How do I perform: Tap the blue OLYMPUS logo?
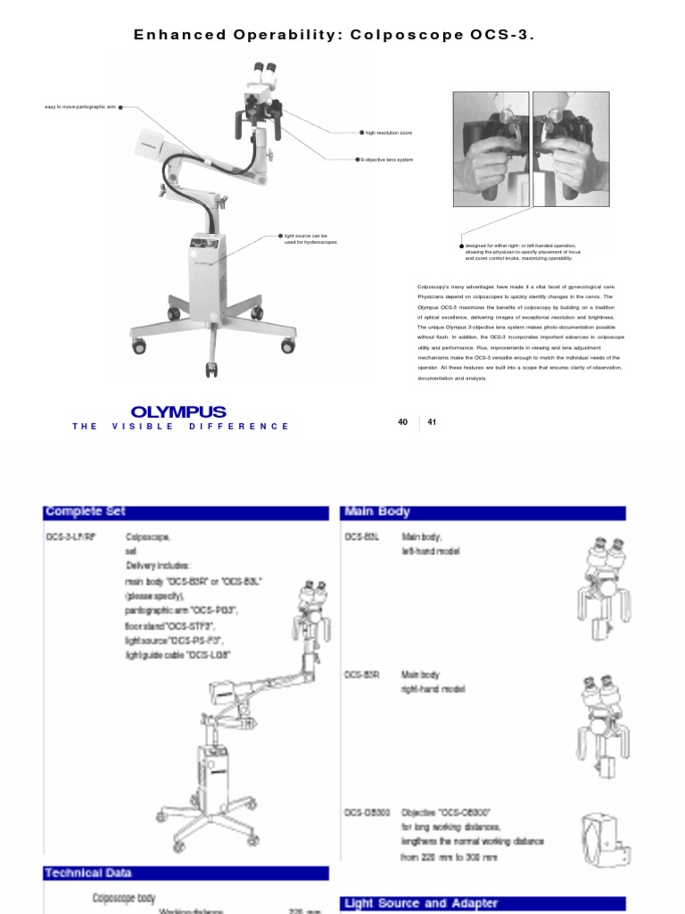tap(178, 411)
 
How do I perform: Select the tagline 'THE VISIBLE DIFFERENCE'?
tap(181, 427)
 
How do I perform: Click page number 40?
tap(402, 422)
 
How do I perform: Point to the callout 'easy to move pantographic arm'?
tap(80, 107)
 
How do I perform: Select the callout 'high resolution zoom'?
tap(389, 132)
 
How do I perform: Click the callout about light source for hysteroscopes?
tap(311, 239)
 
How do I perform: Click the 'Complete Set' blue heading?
tap(86, 511)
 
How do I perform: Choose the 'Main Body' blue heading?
tap(377, 511)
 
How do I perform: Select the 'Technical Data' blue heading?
tap(88, 872)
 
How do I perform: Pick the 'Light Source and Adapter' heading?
tap(409, 903)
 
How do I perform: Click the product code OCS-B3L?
tap(362, 537)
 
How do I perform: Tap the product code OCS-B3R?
tap(362, 676)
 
